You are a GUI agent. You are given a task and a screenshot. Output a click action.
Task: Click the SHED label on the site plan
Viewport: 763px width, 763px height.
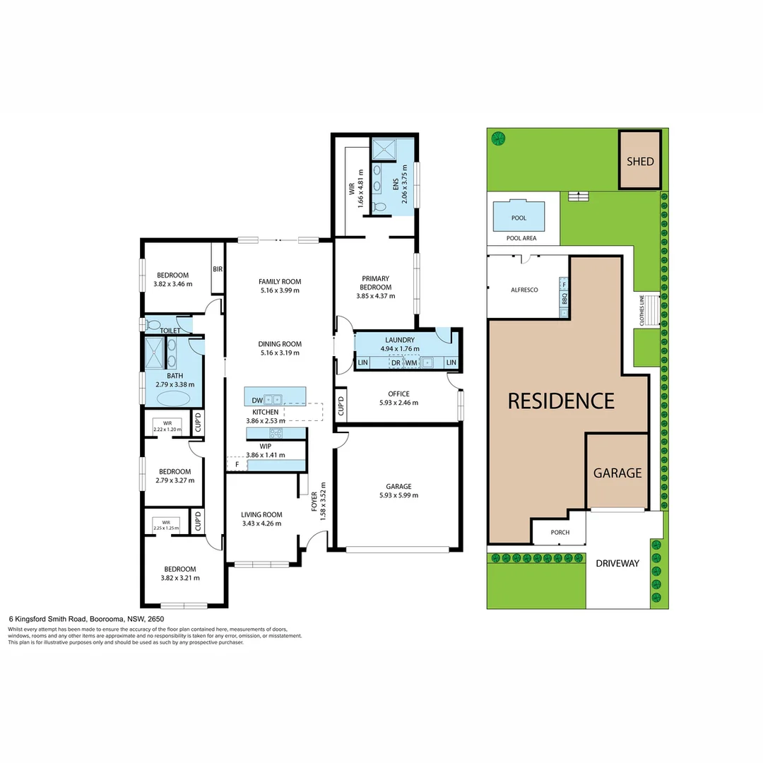point(640,161)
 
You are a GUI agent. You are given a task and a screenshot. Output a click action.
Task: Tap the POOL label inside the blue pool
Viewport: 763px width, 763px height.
point(519,218)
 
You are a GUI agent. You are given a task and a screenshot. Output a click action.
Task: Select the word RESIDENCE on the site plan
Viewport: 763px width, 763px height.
point(562,401)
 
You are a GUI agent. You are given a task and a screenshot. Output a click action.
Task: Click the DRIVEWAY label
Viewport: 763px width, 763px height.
point(617,564)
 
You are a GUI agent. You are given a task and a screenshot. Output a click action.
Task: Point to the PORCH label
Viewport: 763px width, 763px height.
point(559,533)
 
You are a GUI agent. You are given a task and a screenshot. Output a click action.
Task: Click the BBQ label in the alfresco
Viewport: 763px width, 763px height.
point(564,299)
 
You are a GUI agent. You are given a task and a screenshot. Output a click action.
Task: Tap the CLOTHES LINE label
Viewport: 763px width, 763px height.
point(641,309)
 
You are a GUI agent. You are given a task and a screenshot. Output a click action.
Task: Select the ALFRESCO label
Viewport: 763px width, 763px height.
point(525,290)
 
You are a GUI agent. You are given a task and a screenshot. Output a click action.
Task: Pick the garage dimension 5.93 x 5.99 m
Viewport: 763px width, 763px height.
point(398,495)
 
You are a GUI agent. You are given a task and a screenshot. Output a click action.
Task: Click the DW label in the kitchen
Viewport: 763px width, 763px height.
point(256,401)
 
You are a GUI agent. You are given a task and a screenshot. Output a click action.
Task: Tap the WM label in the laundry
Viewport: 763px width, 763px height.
point(411,363)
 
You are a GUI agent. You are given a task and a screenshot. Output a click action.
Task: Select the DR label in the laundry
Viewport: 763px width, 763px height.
point(396,363)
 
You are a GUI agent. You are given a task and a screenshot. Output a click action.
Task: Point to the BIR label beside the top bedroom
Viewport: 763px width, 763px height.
point(218,269)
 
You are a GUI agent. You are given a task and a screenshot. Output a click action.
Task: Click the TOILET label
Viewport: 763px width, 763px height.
point(170,330)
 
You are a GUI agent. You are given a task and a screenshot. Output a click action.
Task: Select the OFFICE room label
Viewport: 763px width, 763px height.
point(398,394)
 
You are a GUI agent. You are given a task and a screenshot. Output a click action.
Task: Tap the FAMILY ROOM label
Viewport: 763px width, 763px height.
point(280,281)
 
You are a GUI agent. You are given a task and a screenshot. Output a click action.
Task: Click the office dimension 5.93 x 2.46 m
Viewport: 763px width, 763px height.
point(398,403)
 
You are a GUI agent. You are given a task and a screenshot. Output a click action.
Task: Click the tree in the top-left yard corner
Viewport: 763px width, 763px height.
point(499,138)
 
